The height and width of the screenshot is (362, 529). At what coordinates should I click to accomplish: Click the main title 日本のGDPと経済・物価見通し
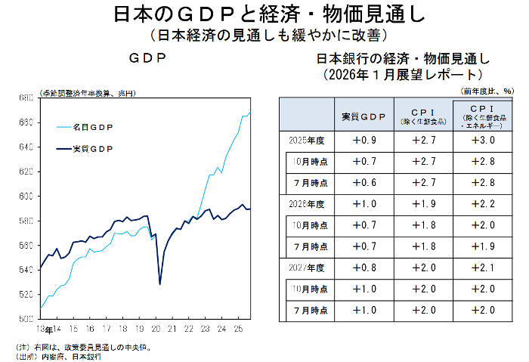pos(264,14)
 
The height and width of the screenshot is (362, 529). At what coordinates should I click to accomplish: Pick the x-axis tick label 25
pos(237,330)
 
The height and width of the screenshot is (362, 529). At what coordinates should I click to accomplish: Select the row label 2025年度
pos(306,141)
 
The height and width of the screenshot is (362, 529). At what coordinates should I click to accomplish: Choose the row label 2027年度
pos(306,267)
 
